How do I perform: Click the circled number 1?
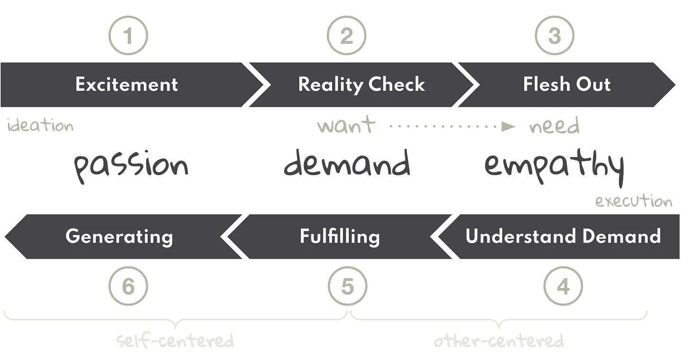(128, 36)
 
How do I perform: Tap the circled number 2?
(346, 36)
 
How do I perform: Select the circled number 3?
(554, 36)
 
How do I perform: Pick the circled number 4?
(563, 286)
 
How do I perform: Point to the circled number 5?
(347, 286)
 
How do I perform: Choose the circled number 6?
(128, 286)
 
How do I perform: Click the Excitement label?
(126, 85)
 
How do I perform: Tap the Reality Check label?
(362, 85)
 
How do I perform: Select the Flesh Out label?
(566, 85)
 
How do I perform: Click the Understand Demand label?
(563, 236)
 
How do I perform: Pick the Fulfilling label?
(340, 236)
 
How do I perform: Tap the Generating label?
(119, 236)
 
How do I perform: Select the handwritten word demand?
(347, 164)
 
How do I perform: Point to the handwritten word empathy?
(554, 167)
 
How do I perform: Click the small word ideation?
(40, 126)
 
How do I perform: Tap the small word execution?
(633, 201)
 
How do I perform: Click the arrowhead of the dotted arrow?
(508, 126)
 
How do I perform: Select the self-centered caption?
(175, 341)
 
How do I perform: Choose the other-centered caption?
(499, 341)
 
